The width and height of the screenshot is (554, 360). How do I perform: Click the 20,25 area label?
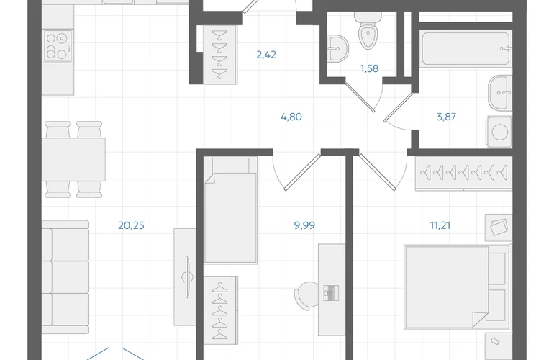tap(131, 225)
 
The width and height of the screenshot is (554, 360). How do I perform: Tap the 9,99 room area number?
tap(304, 225)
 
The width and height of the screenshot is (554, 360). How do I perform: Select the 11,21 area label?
tap(440, 225)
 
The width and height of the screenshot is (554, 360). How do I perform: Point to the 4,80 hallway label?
tap(291, 117)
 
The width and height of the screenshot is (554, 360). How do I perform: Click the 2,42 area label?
tap(266, 55)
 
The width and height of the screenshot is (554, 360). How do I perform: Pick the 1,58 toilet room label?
tap(369, 68)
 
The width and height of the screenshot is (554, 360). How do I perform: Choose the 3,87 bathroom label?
tap(446, 117)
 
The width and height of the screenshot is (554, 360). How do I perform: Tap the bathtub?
tap(466, 48)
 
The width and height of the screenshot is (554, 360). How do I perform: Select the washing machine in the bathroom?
tap(499, 132)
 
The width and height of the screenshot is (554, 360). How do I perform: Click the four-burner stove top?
tap(58, 45)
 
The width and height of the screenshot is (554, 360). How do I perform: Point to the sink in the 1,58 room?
tap(337, 48)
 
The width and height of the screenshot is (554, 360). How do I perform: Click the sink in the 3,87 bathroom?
tap(500, 93)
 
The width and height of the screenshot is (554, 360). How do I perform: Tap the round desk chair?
tap(306, 296)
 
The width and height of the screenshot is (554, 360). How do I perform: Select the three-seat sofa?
tap(65, 277)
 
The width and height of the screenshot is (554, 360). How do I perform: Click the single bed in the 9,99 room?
tap(231, 210)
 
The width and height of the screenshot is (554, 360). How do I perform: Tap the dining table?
tap(73, 160)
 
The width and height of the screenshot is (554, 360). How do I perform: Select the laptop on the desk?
tap(331, 293)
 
